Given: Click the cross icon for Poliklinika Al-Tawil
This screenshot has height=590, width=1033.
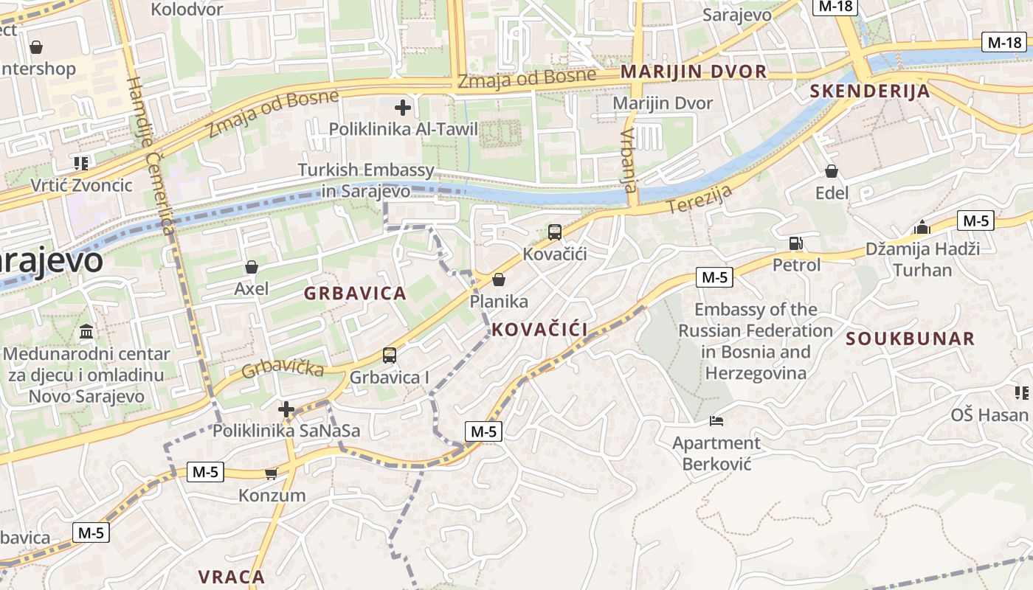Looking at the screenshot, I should pyautogui.click(x=402, y=108).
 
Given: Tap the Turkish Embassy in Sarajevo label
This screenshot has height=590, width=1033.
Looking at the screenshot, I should pyautogui.click(x=366, y=181).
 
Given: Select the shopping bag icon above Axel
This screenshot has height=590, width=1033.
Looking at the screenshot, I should pyautogui.click(x=252, y=267).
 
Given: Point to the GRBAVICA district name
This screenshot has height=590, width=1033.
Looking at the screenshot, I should pyautogui.click(x=355, y=294).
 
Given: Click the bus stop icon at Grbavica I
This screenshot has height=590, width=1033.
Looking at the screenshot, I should pyautogui.click(x=390, y=355).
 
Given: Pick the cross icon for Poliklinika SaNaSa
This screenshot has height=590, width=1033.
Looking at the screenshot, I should pyautogui.click(x=286, y=409).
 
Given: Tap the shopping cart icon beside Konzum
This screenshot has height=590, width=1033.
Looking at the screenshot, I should pyautogui.click(x=272, y=473).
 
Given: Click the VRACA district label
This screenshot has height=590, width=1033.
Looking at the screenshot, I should pyautogui.click(x=232, y=576).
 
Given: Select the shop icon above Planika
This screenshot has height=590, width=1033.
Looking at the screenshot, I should pyautogui.click(x=499, y=280).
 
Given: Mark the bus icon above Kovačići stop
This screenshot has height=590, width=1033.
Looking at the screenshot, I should pyautogui.click(x=555, y=232).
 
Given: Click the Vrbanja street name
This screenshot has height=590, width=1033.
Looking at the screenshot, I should pyautogui.click(x=629, y=161).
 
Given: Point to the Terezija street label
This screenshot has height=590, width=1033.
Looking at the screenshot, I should pyautogui.click(x=700, y=199).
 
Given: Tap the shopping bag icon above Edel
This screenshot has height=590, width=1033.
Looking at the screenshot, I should pyautogui.click(x=832, y=172).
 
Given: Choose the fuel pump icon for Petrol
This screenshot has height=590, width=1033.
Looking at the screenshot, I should pyautogui.click(x=795, y=243).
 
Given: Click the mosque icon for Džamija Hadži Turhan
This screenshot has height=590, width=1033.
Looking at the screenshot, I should pyautogui.click(x=922, y=227).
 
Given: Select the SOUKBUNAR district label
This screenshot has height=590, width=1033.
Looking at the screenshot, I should pyautogui.click(x=911, y=339).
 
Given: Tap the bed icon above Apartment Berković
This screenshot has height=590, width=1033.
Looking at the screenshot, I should pyautogui.click(x=716, y=421).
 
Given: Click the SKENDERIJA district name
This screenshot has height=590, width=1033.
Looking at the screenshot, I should pyautogui.click(x=870, y=91).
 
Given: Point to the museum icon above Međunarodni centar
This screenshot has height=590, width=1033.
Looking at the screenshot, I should pyautogui.click(x=86, y=332).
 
